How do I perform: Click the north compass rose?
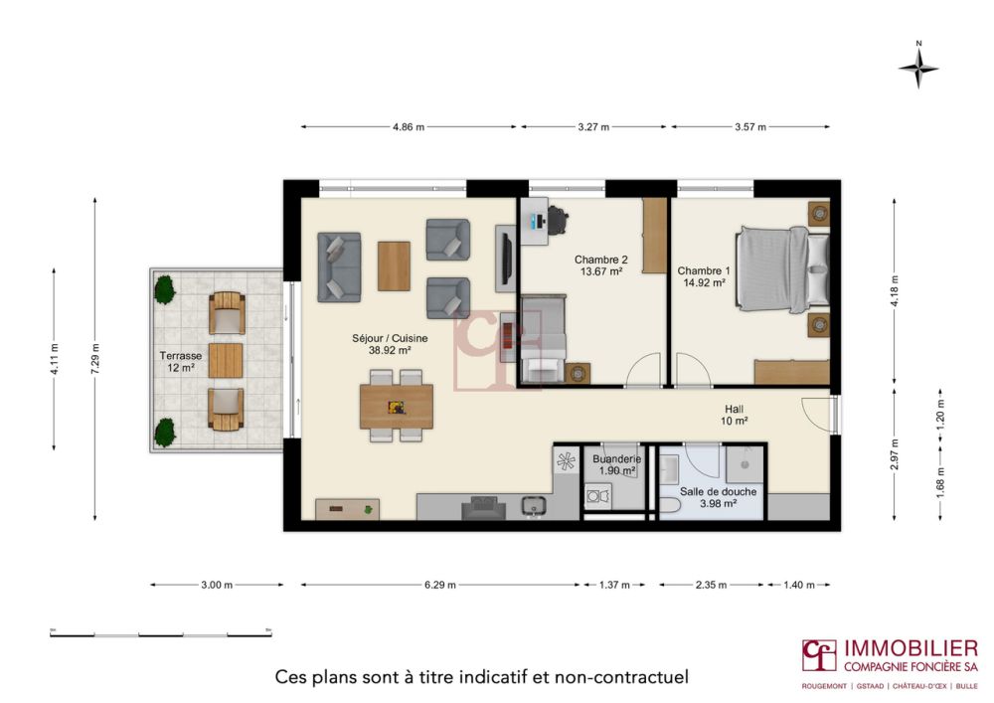[x=918, y=67]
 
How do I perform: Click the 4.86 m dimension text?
[x=408, y=127]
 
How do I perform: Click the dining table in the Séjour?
[x=397, y=406]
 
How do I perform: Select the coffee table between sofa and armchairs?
[x=394, y=265]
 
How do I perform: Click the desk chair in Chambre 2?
[x=559, y=220]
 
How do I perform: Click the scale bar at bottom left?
[x=160, y=632]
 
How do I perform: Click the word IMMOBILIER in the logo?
[x=910, y=648]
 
